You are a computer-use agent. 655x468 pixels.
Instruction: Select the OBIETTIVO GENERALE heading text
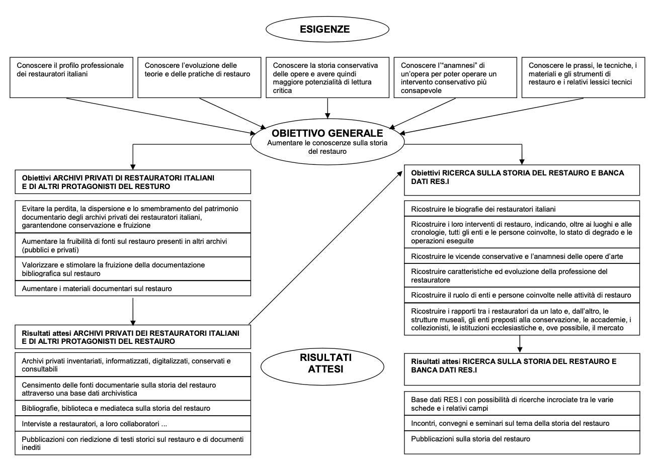(x=327, y=133)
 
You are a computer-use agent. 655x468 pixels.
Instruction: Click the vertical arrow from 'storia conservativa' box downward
(x=327, y=109)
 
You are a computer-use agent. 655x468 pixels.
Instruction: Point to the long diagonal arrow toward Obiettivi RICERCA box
(x=325, y=248)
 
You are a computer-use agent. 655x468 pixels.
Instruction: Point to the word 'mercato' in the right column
(x=611, y=328)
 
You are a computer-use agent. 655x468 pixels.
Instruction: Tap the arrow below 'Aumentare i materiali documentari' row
(x=133, y=312)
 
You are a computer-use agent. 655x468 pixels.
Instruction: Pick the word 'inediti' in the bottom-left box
(x=31, y=447)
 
